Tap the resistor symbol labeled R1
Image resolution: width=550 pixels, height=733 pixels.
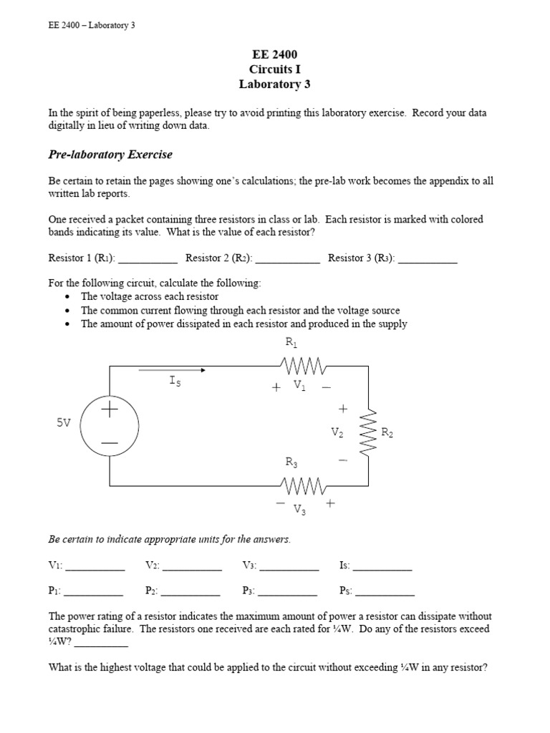(x=305, y=367)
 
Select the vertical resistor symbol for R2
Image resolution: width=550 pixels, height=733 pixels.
(x=369, y=432)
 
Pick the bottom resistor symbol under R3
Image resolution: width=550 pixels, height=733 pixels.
(x=305, y=486)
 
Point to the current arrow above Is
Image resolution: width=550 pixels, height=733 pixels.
(x=172, y=370)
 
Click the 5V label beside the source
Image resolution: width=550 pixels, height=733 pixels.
(x=64, y=423)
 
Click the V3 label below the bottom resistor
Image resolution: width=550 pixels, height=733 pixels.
(x=300, y=509)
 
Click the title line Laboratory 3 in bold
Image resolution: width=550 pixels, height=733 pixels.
(x=275, y=84)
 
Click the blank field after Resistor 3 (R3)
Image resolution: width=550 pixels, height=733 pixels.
(x=428, y=259)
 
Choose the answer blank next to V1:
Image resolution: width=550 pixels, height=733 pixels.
(x=95, y=566)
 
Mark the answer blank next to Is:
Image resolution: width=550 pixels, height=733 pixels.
(x=382, y=566)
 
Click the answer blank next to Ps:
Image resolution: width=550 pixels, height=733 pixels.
(x=385, y=592)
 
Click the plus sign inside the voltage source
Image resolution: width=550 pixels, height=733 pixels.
(x=110, y=409)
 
